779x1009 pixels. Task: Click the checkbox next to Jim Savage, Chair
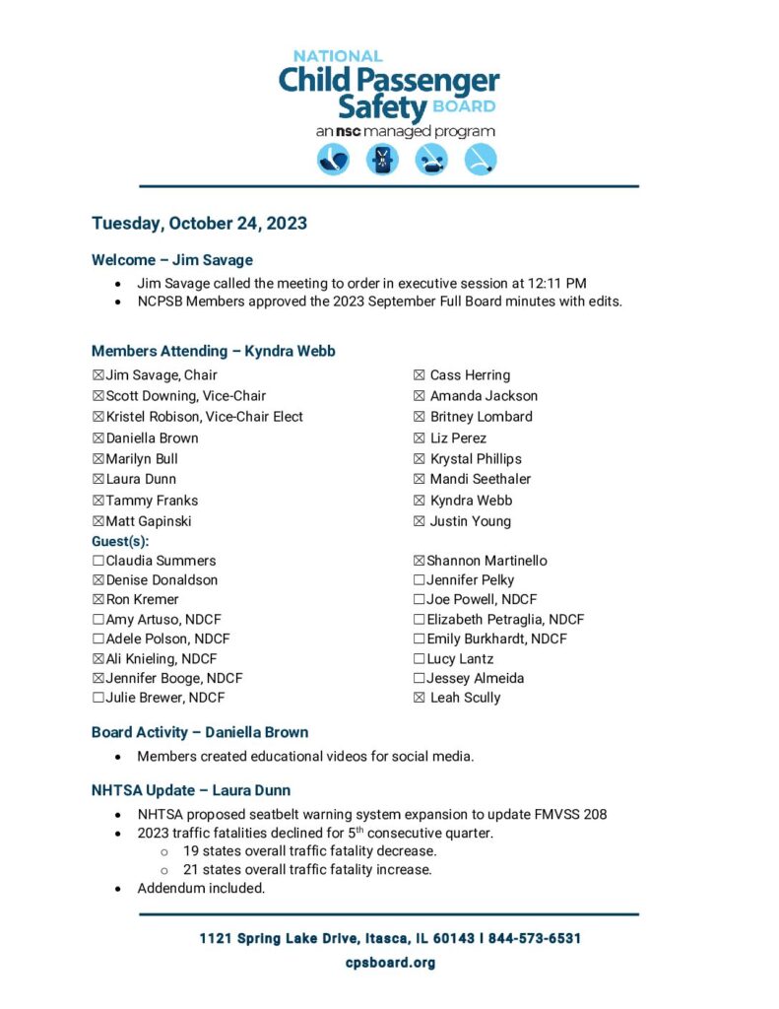[97, 375]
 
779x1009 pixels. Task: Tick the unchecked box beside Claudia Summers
[97, 561]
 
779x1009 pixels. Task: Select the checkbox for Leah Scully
[420, 698]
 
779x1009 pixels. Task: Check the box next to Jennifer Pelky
[420, 580]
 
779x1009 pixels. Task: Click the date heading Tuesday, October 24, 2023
[199, 224]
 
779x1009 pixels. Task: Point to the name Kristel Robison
[152, 417]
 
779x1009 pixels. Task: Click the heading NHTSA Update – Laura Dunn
[190, 790]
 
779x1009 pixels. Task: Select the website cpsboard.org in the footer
[390, 963]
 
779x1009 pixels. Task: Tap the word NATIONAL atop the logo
[338, 56]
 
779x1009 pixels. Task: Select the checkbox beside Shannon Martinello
[420, 561]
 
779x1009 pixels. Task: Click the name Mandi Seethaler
[480, 479]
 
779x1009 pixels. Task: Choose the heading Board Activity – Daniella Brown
[199, 732]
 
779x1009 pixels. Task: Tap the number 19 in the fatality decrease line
[191, 851]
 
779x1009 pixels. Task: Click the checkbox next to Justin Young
[420, 521]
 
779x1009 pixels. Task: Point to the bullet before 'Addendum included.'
[118, 889]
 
